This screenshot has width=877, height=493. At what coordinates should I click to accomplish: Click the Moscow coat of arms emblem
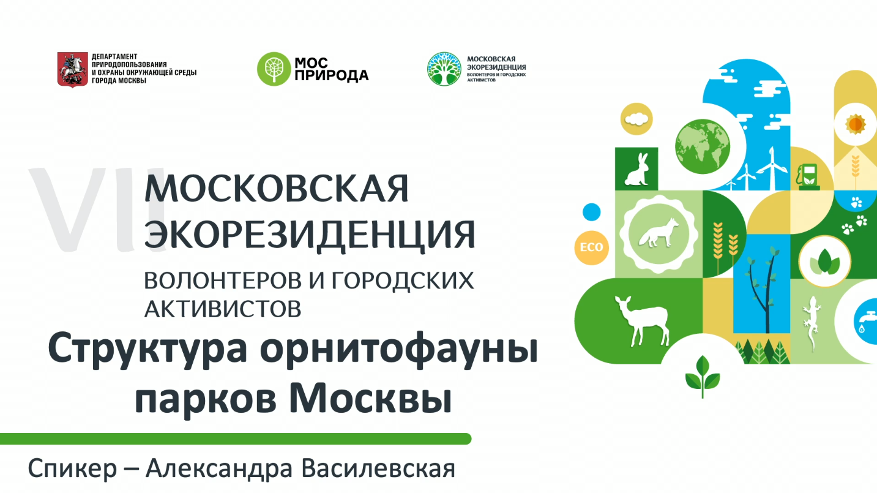(72, 69)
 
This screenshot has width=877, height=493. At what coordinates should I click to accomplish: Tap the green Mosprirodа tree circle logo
(274, 69)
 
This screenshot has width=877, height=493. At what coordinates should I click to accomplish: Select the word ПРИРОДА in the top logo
(331, 75)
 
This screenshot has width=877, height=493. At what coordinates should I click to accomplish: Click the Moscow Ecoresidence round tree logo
(444, 69)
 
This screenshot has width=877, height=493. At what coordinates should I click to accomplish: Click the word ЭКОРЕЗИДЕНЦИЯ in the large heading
(310, 235)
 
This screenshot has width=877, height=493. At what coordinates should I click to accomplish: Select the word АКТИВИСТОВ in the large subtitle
(223, 309)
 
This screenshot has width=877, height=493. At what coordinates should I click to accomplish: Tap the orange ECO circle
(591, 247)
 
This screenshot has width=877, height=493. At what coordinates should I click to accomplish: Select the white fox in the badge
(659, 233)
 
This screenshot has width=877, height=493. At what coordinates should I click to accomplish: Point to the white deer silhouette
(641, 320)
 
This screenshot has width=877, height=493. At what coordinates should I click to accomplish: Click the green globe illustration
(703, 146)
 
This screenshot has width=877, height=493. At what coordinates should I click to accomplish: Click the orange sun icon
(856, 124)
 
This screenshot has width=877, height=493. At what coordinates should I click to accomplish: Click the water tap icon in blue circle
(866, 321)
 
